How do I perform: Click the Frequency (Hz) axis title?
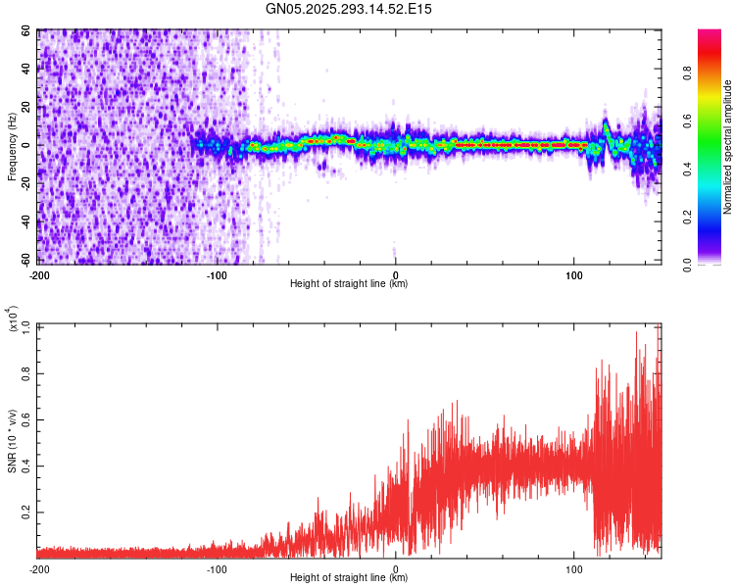point(12,147)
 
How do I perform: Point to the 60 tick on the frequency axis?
point(27,31)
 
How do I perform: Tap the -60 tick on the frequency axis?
point(25,260)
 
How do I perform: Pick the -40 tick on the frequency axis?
point(25,221)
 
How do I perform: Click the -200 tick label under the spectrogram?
point(39,275)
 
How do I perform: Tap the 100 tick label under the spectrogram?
point(573,275)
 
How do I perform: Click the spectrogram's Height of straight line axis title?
point(349,284)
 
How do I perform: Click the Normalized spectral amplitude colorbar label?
point(727,147)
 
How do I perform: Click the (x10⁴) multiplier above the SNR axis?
point(13,319)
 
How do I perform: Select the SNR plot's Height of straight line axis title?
point(349,578)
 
